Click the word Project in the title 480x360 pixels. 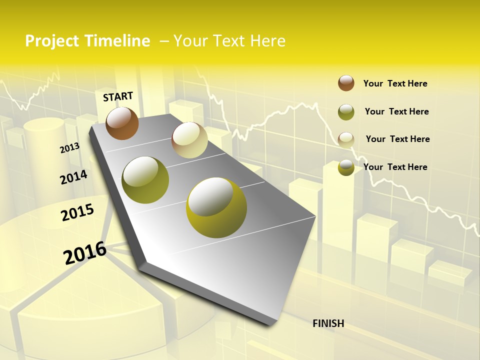point(51,41)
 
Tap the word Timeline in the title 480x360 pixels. point(114,41)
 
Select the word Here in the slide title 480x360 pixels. point(267,41)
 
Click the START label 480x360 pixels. point(118,96)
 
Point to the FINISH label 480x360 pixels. point(328,323)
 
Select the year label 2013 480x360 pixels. point(69,148)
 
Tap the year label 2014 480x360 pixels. point(73,177)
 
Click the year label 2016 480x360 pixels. point(85,253)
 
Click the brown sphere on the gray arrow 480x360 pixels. point(122,123)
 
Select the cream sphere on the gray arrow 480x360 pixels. point(189,140)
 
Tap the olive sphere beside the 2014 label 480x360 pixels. point(145,180)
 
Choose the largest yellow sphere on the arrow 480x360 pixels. point(216,207)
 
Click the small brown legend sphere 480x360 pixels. point(346,83)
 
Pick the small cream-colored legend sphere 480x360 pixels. point(346,139)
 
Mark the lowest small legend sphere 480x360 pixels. point(346,167)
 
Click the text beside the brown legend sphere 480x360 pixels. point(395,83)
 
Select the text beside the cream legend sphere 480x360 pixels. point(397,139)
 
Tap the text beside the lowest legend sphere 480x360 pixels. point(395,167)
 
